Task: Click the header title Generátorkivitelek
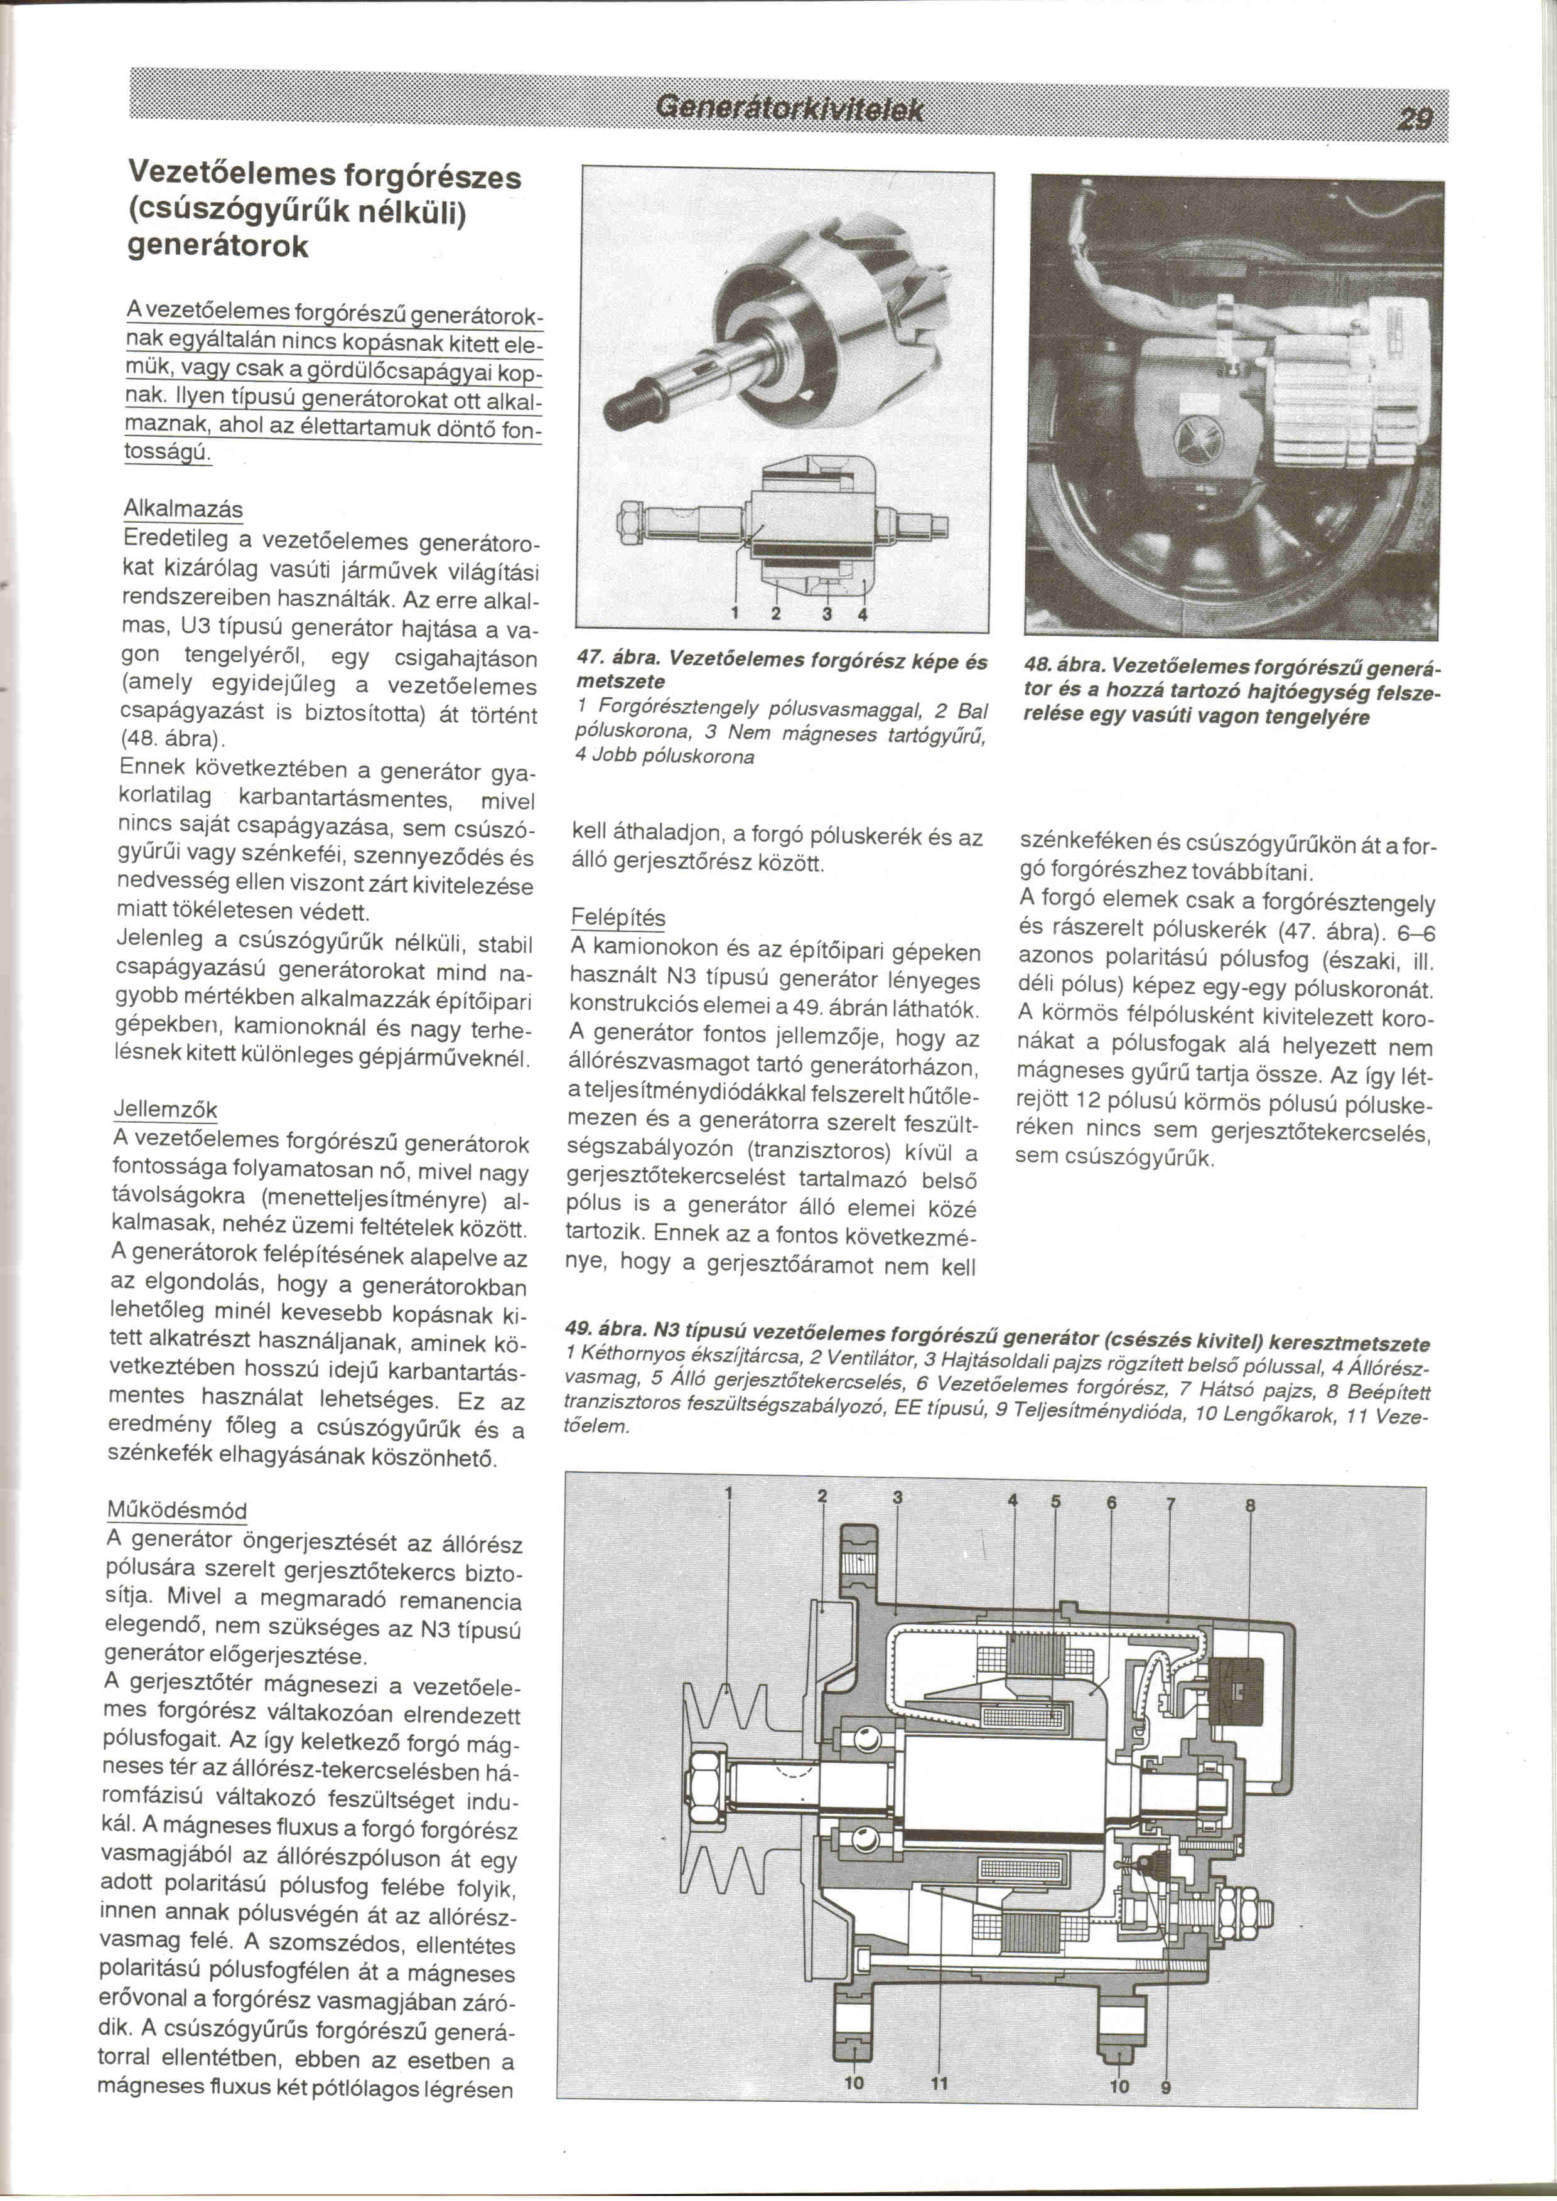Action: coord(788,110)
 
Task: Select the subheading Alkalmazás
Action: coord(183,509)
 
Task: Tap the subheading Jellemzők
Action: coord(166,1109)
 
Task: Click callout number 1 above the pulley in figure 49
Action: coord(729,1494)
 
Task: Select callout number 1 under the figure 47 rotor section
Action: coord(735,613)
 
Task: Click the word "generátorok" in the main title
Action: coord(218,247)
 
